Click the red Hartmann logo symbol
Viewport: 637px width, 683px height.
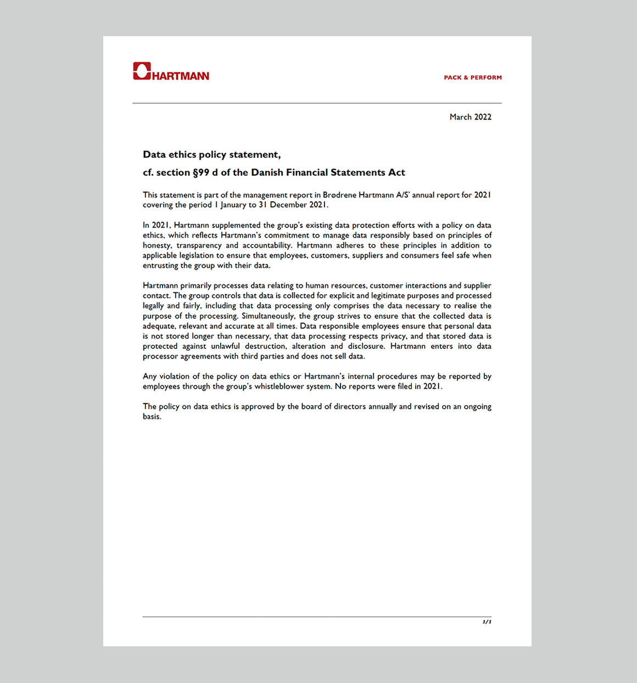coord(142,71)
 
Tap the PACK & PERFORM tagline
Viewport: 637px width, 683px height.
coord(473,77)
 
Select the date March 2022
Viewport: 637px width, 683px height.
coord(470,117)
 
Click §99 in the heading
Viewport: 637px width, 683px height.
coord(201,172)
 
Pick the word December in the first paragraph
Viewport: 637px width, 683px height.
coord(288,205)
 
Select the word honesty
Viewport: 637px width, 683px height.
coord(157,245)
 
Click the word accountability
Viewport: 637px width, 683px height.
coord(267,245)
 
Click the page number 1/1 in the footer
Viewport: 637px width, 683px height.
coord(487,622)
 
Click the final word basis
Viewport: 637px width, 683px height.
coord(152,416)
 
